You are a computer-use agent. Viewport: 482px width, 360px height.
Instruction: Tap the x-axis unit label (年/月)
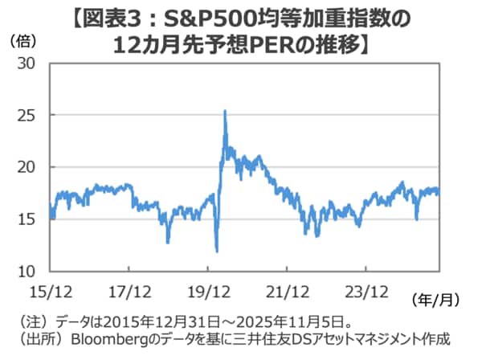click(x=435, y=300)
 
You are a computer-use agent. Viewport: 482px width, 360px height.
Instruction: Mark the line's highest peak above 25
click(x=224, y=111)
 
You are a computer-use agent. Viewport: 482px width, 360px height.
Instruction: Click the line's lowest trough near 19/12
click(x=217, y=252)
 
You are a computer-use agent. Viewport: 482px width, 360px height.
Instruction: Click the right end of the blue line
click(x=439, y=192)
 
